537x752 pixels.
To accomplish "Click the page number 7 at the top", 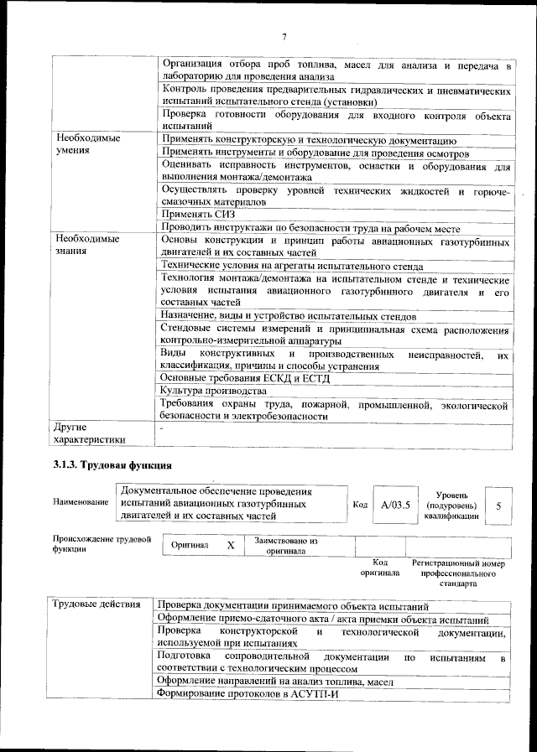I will pyautogui.click(x=284, y=36).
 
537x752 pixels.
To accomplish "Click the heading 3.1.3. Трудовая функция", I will pyautogui.click(x=112, y=465).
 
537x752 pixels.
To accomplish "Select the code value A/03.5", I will pyautogui.click(x=395, y=505).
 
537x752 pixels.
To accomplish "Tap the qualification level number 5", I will pyautogui.click(x=498, y=506).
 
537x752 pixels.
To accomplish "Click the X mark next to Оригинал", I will pyautogui.click(x=230, y=545).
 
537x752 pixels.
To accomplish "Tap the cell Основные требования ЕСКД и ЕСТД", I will pyautogui.click(x=246, y=377).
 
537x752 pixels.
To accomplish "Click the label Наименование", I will pyautogui.click(x=81, y=502).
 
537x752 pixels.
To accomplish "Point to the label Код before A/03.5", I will pyautogui.click(x=359, y=505).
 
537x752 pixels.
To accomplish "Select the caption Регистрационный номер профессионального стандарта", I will pyautogui.click(x=458, y=573).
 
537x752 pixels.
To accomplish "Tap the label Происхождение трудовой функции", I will pyautogui.click(x=101, y=544).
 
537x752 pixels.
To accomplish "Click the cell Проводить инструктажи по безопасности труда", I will pyautogui.click(x=310, y=227).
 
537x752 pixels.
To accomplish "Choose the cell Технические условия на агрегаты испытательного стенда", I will pyautogui.click(x=291, y=266).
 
